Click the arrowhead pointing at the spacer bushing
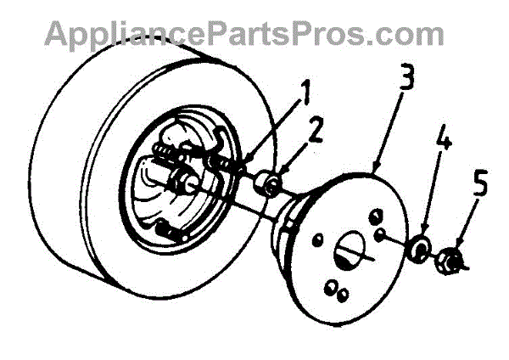point(277,172)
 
